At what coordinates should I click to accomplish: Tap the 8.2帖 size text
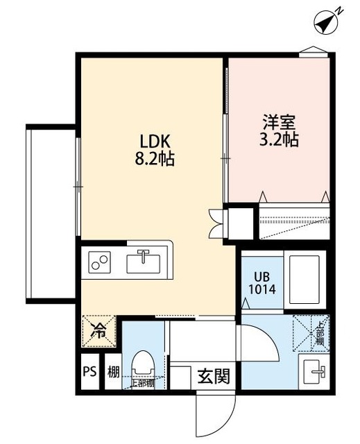point(154,158)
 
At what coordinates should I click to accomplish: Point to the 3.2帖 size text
point(280,139)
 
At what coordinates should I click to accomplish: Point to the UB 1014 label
point(264,281)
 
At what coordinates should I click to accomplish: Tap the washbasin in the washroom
point(316,373)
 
